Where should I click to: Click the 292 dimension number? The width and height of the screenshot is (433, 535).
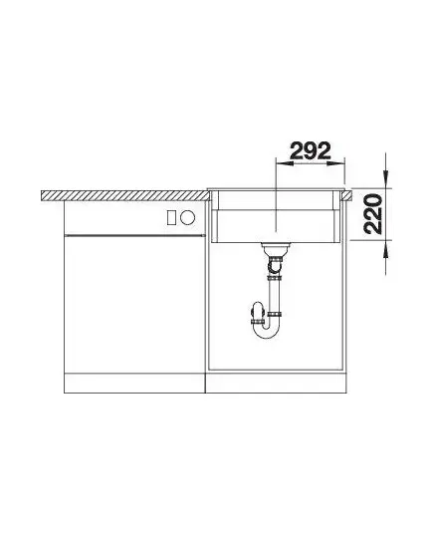[311, 150]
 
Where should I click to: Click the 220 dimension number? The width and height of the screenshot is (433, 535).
[372, 214]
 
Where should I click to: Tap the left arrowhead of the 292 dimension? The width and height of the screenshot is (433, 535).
[284, 163]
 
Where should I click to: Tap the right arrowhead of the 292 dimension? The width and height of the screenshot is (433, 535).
[336, 163]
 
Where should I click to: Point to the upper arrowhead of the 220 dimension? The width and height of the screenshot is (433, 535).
[385, 178]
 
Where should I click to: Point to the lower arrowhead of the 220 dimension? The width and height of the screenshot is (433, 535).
[385, 249]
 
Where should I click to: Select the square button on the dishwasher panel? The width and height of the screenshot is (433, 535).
[171, 217]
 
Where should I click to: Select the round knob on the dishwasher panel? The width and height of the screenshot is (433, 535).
[187, 217]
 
